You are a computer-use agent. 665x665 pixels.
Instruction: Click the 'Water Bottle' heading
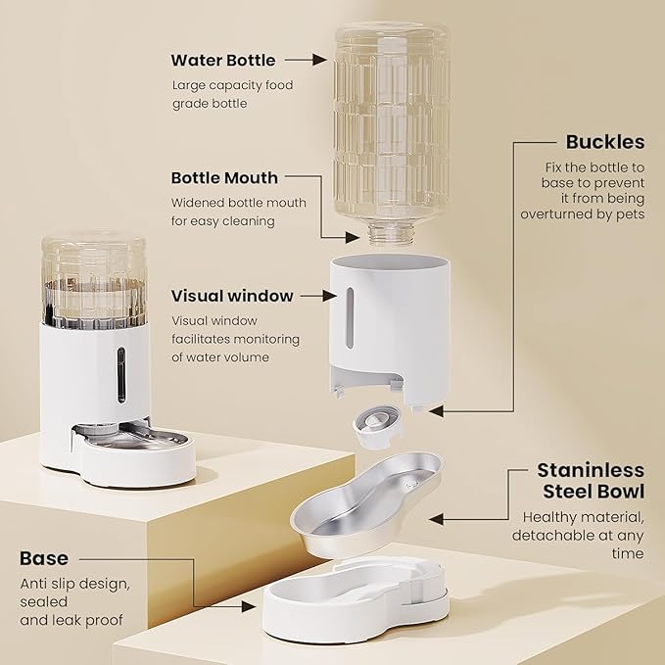[223, 60]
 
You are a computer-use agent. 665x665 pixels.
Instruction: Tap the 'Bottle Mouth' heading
[224, 177]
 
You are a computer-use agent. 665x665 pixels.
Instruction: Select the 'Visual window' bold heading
[232, 296]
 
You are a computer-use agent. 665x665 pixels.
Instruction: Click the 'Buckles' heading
[605, 142]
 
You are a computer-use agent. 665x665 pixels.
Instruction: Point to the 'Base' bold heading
[44, 558]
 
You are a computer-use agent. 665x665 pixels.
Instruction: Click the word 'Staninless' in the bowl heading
[591, 470]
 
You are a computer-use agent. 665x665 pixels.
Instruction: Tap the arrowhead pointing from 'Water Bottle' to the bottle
[319, 60]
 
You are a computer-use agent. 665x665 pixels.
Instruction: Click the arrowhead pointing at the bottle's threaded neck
[353, 237]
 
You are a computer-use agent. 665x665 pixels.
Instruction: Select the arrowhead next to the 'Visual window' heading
[329, 296]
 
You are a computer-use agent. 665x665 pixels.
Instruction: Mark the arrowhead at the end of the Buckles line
[437, 411]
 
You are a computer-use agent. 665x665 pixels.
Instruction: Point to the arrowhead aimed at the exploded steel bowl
[437, 519]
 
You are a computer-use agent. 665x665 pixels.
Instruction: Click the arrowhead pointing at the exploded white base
[249, 606]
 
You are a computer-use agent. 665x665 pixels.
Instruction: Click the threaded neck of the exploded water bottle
[390, 234]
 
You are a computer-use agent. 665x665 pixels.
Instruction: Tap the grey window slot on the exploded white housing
[350, 318]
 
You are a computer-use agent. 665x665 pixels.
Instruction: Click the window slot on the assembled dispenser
[121, 375]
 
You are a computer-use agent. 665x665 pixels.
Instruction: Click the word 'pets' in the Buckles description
[630, 214]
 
